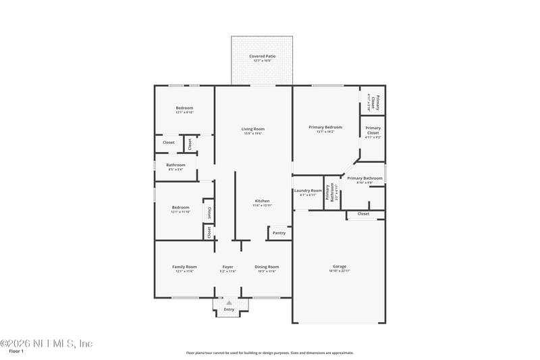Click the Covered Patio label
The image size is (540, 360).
pyautogui.click(x=262, y=56)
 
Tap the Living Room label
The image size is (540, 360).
pyautogui.click(x=253, y=128)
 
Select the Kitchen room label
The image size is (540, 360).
pyautogui.click(x=262, y=201)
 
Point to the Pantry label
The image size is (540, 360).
pyautogui.click(x=279, y=233)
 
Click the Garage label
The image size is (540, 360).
pyautogui.click(x=339, y=266)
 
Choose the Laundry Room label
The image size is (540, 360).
pyautogui.click(x=307, y=190)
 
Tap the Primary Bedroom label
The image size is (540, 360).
pyautogui.click(x=325, y=127)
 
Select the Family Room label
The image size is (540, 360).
pyautogui.click(x=184, y=267)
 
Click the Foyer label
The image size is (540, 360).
pyautogui.click(x=228, y=267)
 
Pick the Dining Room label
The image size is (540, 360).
pyautogui.click(x=267, y=267)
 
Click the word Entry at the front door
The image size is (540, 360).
pyautogui.click(x=229, y=309)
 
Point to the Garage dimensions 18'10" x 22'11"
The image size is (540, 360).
pyautogui.click(x=339, y=271)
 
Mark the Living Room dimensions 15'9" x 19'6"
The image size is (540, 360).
pyautogui.click(x=253, y=133)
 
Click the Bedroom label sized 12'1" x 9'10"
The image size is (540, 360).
pyautogui.click(x=184, y=108)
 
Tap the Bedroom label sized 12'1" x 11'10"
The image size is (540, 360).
pyautogui.click(x=180, y=207)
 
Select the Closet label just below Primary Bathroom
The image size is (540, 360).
pyautogui.click(x=363, y=213)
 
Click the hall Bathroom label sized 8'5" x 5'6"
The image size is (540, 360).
pyautogui.click(x=175, y=165)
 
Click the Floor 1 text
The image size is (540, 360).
pyautogui.click(x=16, y=351)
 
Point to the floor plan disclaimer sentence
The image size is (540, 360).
pyautogui.click(x=269, y=353)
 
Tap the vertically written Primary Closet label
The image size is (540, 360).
pyautogui.click(x=378, y=103)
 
